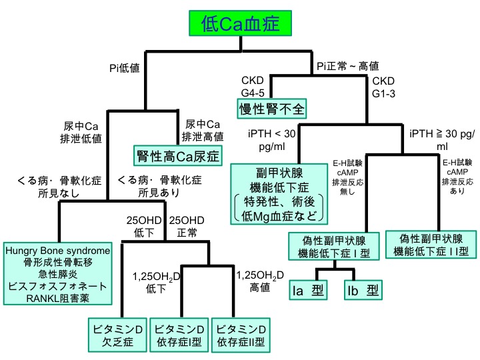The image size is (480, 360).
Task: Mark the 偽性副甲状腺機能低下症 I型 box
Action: [x=333, y=246]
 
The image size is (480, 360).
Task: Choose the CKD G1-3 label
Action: [x=383, y=87]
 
